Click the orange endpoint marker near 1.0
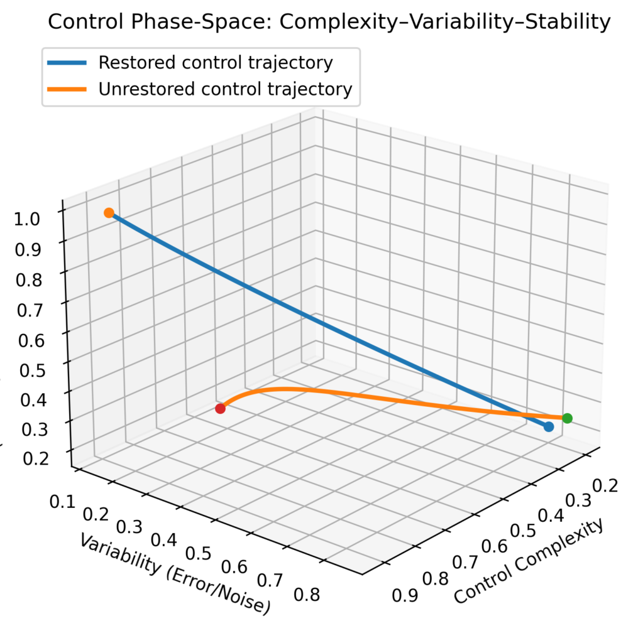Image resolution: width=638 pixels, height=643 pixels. tap(109, 213)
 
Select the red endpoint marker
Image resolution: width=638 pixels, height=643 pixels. tap(221, 408)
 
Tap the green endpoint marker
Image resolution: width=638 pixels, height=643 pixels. tap(567, 418)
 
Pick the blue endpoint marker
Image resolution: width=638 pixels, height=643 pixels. tap(549, 427)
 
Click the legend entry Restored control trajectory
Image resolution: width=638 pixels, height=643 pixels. tap(216, 63)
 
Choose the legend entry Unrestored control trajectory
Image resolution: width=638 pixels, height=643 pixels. tap(226, 89)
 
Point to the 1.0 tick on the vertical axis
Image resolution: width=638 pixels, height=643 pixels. tap(27, 219)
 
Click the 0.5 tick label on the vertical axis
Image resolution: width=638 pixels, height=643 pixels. tap(33, 370)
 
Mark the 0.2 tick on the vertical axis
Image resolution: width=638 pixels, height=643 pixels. tap(36, 458)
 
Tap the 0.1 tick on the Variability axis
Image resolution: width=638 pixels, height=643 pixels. tap(62, 501)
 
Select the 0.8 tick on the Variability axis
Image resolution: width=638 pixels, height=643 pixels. tap(307, 594)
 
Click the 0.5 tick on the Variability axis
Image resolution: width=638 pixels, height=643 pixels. tap(198, 553)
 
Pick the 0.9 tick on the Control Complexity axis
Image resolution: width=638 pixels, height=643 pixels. tap(405, 595)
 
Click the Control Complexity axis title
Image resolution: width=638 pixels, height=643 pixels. tap(529, 561)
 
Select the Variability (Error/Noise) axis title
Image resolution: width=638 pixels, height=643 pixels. tap(175, 574)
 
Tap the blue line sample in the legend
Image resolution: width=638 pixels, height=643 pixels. tap(67, 63)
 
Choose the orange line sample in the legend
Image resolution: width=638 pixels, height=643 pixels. tap(67, 89)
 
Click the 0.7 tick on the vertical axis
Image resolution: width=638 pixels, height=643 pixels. tap(30, 310)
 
